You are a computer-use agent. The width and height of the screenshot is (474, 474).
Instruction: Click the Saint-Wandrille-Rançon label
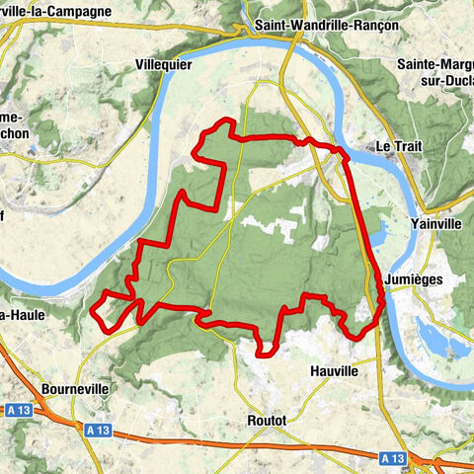326,25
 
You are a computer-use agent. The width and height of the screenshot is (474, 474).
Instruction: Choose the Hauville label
326,372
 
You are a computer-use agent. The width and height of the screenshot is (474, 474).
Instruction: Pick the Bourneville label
75,390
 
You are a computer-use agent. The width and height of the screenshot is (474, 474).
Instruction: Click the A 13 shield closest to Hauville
393,457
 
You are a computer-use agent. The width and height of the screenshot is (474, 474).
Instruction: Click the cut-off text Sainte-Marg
434,64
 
